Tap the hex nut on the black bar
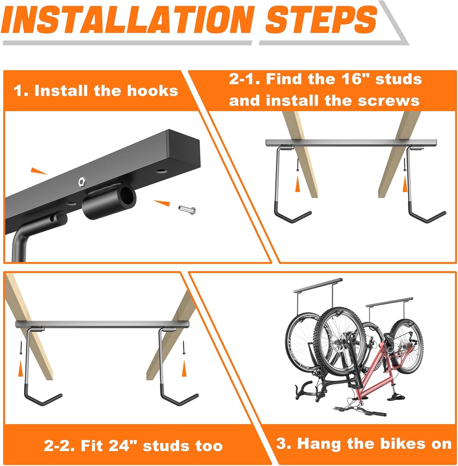82,180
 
